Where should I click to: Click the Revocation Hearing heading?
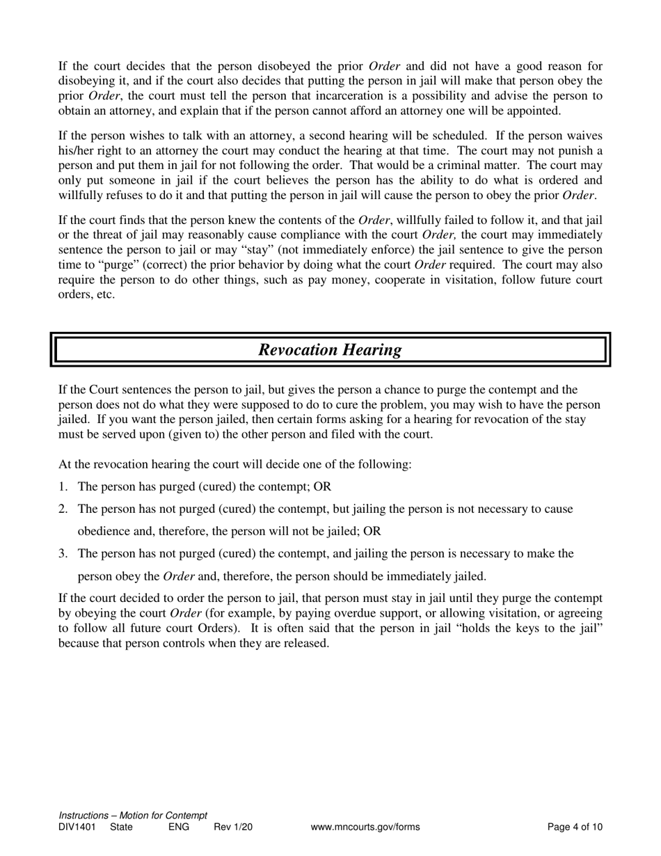(330, 349)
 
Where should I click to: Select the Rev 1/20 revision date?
(233, 827)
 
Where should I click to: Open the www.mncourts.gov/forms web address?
(365, 827)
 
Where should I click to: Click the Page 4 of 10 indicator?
(575, 827)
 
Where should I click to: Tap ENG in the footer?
(179, 827)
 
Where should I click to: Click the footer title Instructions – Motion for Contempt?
(133, 816)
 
